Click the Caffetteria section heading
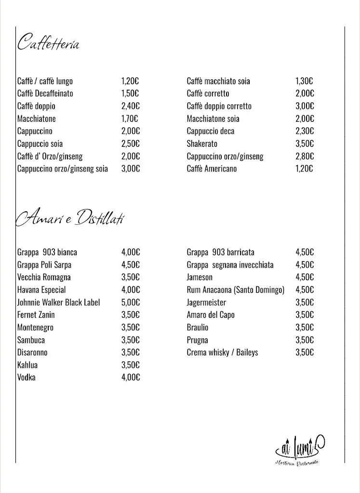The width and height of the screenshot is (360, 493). (48, 43)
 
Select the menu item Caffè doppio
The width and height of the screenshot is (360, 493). (36, 106)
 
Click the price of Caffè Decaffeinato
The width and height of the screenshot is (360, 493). (130, 94)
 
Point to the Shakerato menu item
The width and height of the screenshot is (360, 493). (202, 144)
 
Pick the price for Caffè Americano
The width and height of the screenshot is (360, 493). (304, 169)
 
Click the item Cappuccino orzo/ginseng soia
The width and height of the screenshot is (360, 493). (63, 169)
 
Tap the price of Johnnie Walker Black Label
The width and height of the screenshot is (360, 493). (130, 302)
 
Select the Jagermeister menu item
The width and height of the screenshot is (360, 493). (206, 302)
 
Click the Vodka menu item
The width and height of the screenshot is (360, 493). (26, 377)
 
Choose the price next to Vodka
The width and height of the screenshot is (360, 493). (130, 377)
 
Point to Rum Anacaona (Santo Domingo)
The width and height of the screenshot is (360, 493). (236, 290)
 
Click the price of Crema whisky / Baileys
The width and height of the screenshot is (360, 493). (305, 352)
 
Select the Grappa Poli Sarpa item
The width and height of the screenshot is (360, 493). (44, 265)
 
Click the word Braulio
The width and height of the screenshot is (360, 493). (198, 327)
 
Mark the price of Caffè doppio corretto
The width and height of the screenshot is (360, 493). (305, 106)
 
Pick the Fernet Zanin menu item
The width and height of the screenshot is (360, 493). (36, 315)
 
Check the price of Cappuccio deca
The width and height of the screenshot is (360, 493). (305, 131)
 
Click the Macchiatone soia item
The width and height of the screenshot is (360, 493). (213, 119)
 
